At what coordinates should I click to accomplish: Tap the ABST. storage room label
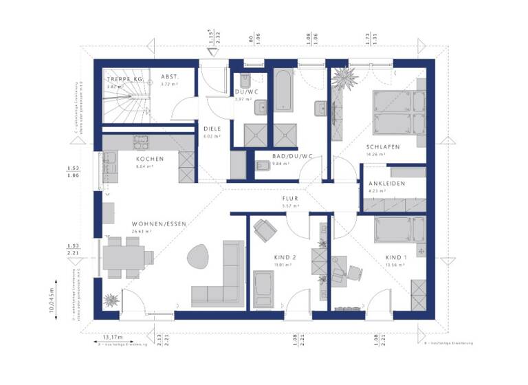(170, 77)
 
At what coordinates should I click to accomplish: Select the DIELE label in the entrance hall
(211, 128)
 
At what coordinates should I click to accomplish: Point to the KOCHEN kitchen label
(149, 159)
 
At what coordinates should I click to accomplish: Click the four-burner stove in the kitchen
(143, 142)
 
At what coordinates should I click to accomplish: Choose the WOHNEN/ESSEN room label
(160, 223)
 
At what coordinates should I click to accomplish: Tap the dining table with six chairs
(128, 258)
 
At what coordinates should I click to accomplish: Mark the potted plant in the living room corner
(110, 299)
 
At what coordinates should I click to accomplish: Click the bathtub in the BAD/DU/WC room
(283, 89)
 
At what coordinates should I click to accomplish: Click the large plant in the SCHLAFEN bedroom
(344, 77)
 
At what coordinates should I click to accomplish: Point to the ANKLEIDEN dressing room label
(386, 184)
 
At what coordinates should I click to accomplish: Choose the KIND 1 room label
(395, 257)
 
